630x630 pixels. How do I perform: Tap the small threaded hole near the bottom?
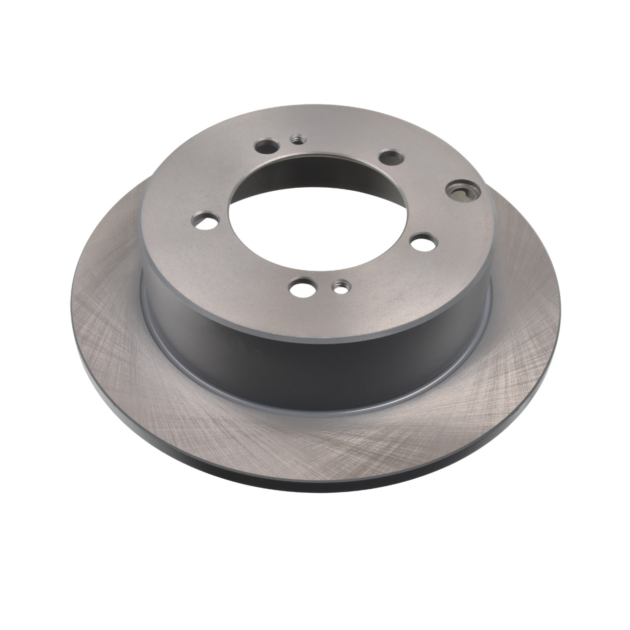click(339, 287)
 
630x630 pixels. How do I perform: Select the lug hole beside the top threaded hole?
click(267, 147)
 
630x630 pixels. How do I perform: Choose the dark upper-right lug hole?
click(391, 157)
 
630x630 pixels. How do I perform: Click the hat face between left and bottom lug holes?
click(239, 265)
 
